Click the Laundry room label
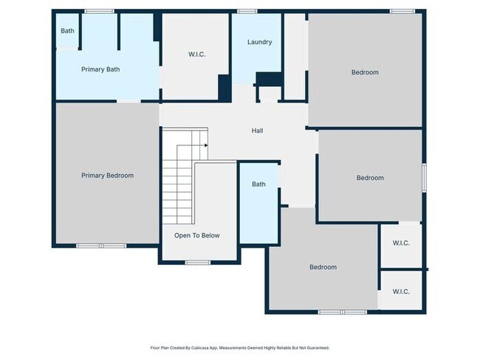tap(258, 42)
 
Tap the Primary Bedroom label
tap(107, 176)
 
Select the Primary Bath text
tap(100, 69)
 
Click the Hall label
tap(257, 131)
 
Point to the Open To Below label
tap(196, 235)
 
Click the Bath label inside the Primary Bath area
tap(67, 31)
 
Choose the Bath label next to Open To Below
tap(258, 184)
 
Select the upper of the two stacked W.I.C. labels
tap(401, 243)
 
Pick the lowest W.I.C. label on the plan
tap(401, 291)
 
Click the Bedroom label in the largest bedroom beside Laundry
tap(365, 72)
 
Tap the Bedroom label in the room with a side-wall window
tap(370, 178)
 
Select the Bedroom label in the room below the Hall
tap(323, 267)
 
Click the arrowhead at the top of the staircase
tap(205, 145)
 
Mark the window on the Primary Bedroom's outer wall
tap(102, 245)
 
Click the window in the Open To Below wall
tap(197, 262)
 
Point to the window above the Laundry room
tap(247, 11)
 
